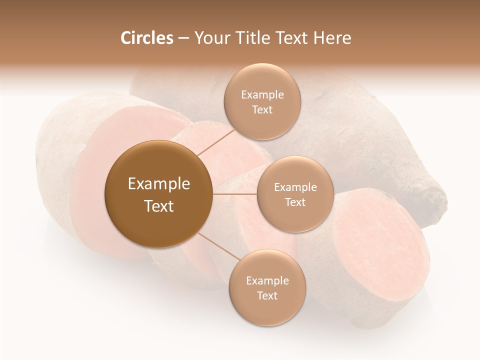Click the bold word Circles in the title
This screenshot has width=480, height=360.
146,38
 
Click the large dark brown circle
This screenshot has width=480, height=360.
158,194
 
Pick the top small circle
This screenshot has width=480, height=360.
262,102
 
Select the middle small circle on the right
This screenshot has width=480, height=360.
295,194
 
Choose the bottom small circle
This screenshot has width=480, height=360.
267,287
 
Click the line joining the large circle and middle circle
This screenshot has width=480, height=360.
235,194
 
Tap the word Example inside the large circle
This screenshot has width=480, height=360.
158,184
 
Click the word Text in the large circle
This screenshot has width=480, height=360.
158,206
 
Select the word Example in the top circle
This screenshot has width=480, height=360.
262,94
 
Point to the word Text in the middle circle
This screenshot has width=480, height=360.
295,202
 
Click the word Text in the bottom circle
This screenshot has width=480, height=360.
267,295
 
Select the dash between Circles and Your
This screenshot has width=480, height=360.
183,38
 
